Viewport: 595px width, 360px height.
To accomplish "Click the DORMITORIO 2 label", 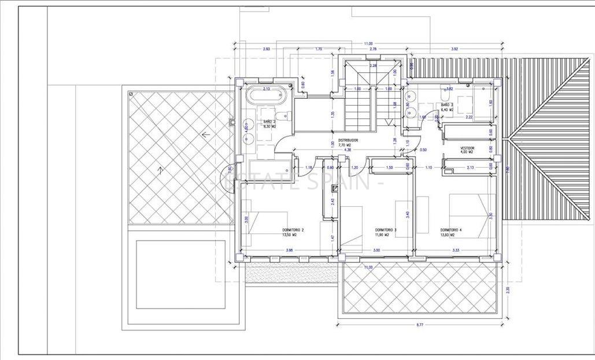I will point(294,229).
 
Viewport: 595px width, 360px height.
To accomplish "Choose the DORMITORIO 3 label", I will point(386,229).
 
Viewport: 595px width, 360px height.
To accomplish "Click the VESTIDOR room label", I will point(467,147).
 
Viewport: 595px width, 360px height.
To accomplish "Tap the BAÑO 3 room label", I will point(445,105).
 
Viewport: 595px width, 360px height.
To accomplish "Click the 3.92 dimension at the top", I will point(454,49).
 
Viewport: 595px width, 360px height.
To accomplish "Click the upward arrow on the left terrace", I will point(160,169).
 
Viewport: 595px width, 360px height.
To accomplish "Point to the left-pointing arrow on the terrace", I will point(205,134).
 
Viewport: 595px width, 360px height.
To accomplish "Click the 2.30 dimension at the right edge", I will point(507,290).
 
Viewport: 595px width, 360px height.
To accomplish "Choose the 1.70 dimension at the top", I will point(318,49).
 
